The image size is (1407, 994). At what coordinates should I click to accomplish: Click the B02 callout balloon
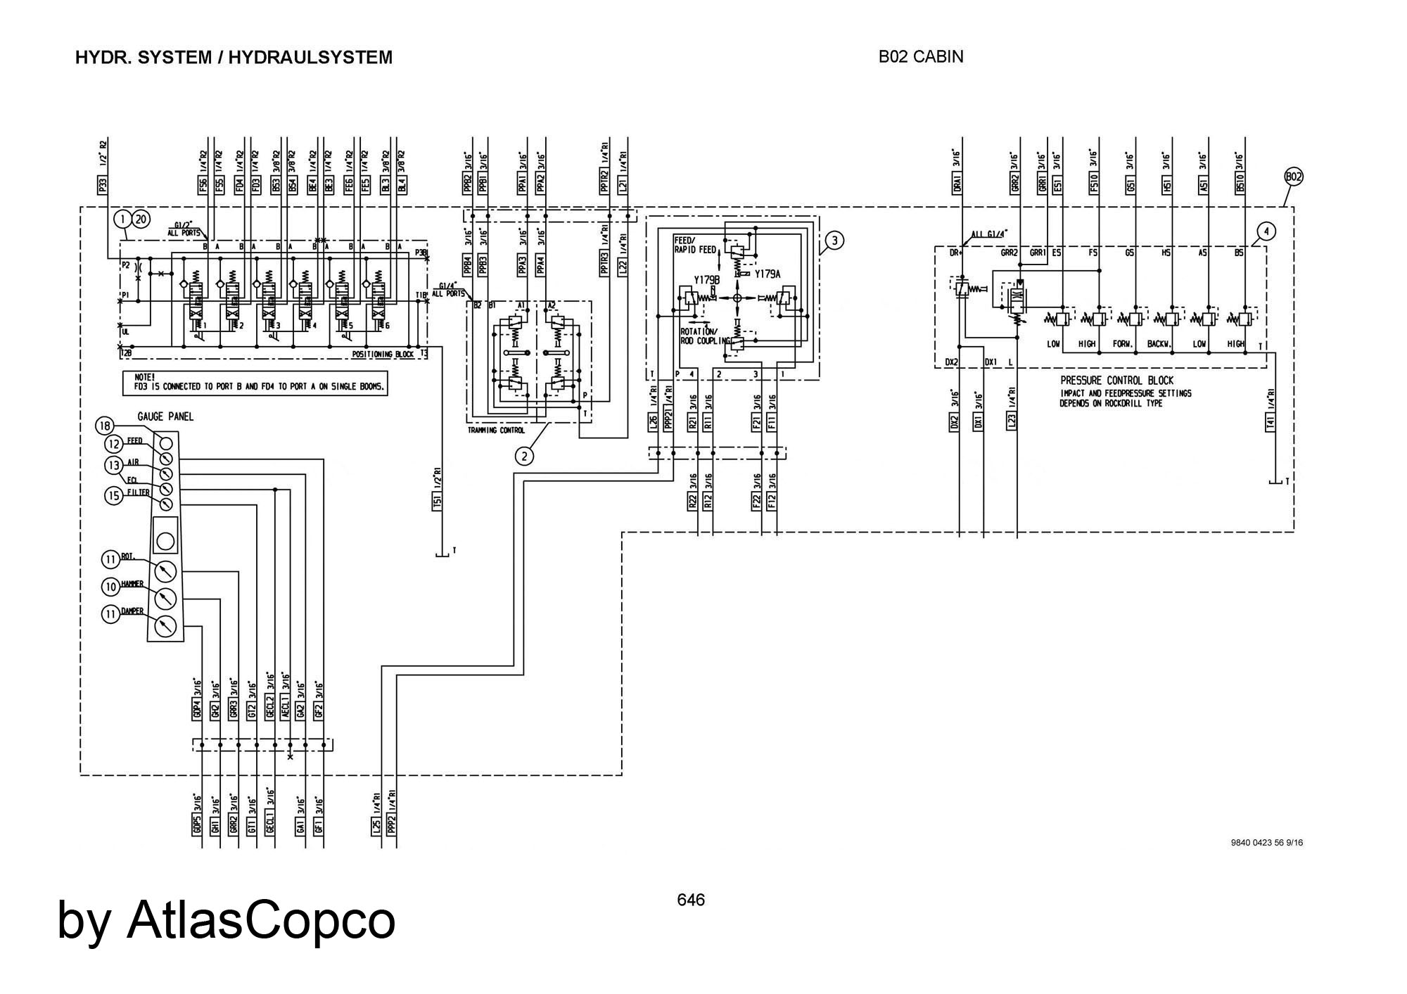pos(1293,177)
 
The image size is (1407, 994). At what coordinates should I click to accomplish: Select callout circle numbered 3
pos(834,241)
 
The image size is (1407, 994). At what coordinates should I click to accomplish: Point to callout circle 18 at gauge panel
pos(105,426)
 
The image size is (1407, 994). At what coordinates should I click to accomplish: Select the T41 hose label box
pos(1271,421)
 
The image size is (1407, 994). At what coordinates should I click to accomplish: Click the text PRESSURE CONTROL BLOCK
pos(1116,381)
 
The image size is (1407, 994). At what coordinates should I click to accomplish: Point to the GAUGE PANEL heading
pos(165,416)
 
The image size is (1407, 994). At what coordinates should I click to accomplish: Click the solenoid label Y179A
pos(768,274)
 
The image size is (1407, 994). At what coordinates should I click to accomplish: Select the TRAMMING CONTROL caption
pos(496,430)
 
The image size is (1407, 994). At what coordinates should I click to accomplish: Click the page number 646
pos(691,900)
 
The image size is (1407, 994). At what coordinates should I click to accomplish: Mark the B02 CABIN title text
pos(921,57)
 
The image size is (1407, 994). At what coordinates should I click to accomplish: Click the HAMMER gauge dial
pos(165,598)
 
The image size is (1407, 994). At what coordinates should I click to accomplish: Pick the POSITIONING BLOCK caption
pos(383,354)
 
